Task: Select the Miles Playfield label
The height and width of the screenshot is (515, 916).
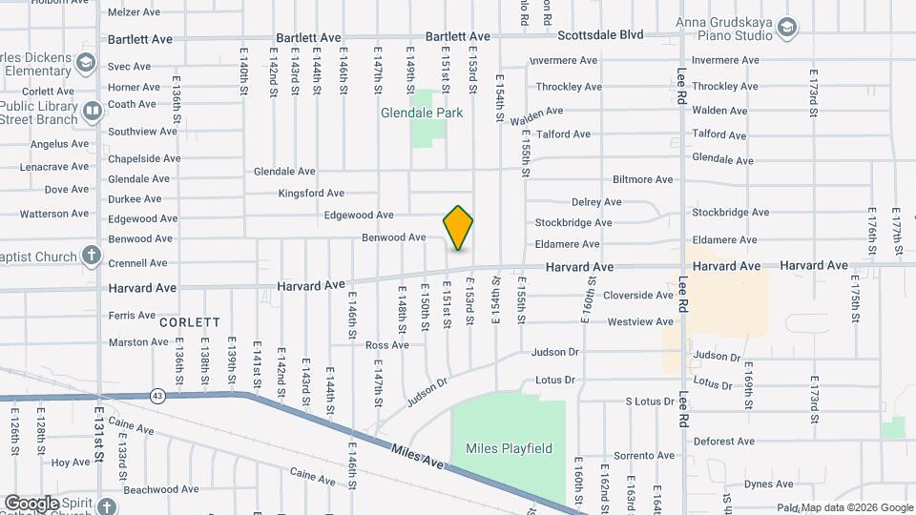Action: point(509,448)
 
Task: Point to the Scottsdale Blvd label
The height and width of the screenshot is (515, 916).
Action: point(600,34)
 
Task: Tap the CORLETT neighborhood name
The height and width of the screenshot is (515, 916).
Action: point(190,322)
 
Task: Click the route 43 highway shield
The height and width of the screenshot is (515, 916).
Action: point(156,395)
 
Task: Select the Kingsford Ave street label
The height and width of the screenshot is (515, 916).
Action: point(311,194)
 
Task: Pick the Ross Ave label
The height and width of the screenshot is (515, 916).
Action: point(387,345)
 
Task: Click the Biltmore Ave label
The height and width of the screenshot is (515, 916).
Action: point(643,179)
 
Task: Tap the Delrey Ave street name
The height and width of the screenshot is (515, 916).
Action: point(596,202)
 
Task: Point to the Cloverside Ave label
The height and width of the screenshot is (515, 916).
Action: point(638,296)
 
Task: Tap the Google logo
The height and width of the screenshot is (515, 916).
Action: point(32,503)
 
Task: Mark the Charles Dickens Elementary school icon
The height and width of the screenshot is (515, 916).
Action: point(86,64)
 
